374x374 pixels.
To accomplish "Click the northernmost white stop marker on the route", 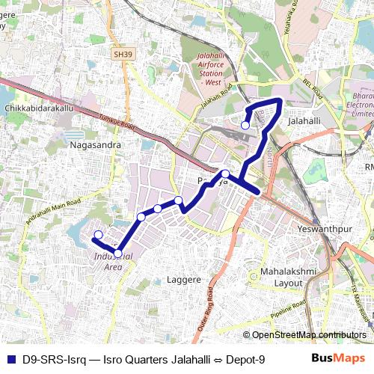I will pos(245,125).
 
